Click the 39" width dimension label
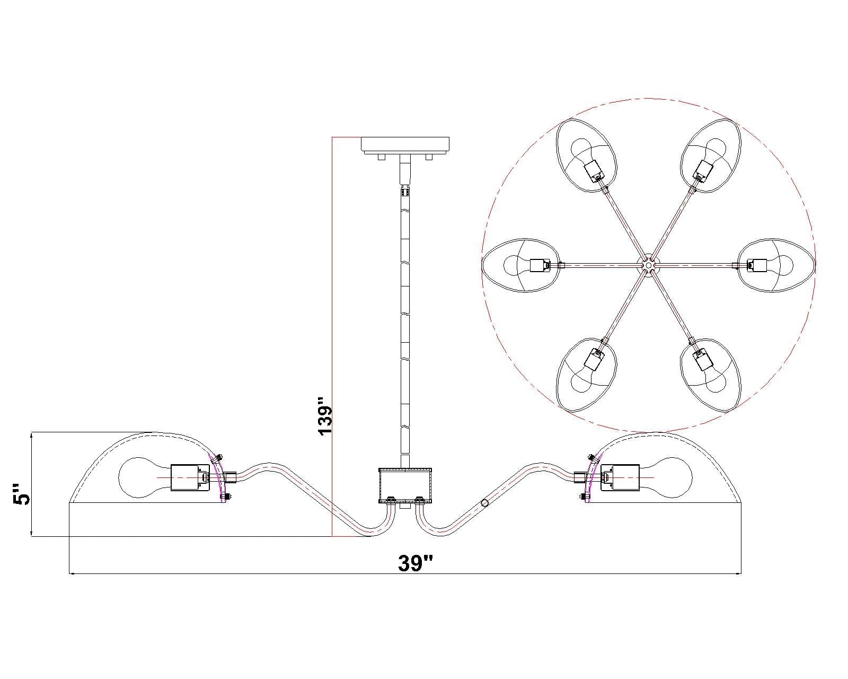415,563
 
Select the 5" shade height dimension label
21,493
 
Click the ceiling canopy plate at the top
405,145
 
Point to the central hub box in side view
405,485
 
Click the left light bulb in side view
145,477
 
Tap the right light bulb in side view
666,477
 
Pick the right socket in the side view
620,477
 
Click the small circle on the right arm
484,503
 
